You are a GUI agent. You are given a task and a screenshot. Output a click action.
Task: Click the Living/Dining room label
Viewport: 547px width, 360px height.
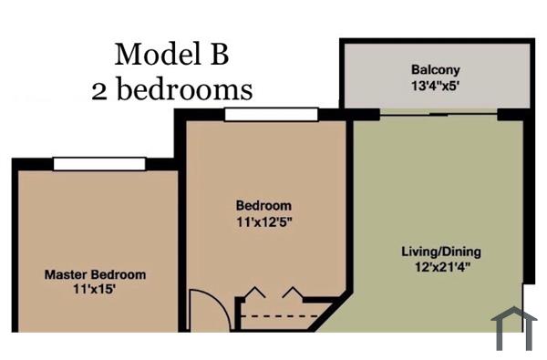coord(441,252)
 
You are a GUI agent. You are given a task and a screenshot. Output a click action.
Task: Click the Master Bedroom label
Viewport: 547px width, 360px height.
coord(95,274)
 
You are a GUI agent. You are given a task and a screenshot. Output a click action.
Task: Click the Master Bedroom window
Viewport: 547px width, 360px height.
coord(98,163)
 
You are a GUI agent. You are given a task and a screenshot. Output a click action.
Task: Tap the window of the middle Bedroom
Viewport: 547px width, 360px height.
coord(271,114)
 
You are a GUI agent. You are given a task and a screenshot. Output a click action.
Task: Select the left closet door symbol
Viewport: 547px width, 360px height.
coord(254,293)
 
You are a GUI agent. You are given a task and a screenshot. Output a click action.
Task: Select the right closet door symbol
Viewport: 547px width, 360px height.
coord(291,293)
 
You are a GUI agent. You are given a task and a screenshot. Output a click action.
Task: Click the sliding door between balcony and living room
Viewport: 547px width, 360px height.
coord(439,114)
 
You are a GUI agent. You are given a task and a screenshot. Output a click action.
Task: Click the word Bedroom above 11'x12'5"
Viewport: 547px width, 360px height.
coord(263,205)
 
